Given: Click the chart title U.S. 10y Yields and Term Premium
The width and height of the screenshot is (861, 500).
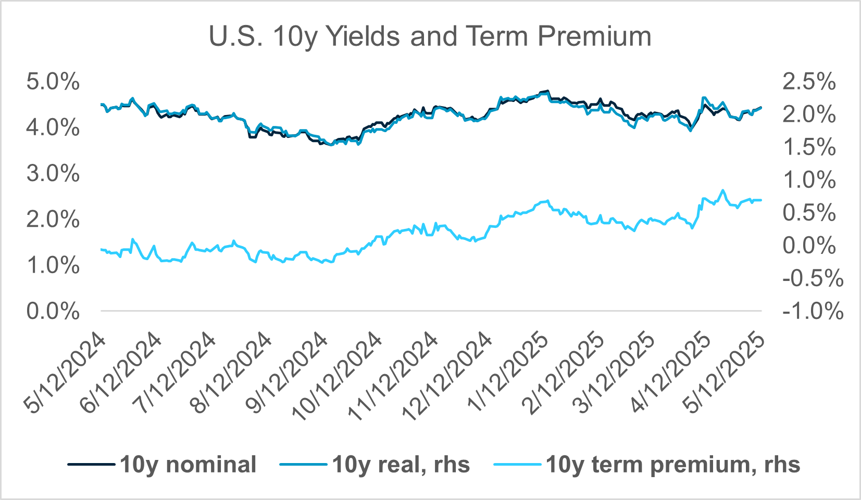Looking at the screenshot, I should point(430,36).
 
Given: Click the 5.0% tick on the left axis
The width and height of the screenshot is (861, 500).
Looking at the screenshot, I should point(53,82).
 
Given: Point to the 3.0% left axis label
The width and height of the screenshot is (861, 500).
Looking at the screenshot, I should point(53,174).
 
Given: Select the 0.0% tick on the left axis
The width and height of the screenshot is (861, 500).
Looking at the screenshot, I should point(53,312).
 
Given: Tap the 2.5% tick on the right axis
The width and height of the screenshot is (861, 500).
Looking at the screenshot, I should point(809,82).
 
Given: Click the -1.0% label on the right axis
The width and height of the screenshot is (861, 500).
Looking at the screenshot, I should point(813,312).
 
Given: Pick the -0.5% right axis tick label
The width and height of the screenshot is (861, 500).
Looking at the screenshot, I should point(813,279).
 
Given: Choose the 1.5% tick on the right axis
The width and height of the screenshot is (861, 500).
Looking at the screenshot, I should point(809,148).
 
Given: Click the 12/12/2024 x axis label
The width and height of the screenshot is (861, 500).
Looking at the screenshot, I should point(448,377).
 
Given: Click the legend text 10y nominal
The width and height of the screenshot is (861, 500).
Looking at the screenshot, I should point(188,465).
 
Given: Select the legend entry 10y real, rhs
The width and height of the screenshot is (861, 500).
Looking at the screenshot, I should point(401,465).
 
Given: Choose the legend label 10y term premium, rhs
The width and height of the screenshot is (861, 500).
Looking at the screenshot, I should point(673,465).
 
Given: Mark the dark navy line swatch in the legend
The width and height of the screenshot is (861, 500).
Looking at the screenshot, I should point(91,464).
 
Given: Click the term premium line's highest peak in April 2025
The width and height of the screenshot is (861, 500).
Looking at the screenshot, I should point(722,190).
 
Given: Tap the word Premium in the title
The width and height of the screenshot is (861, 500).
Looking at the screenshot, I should point(594,36).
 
